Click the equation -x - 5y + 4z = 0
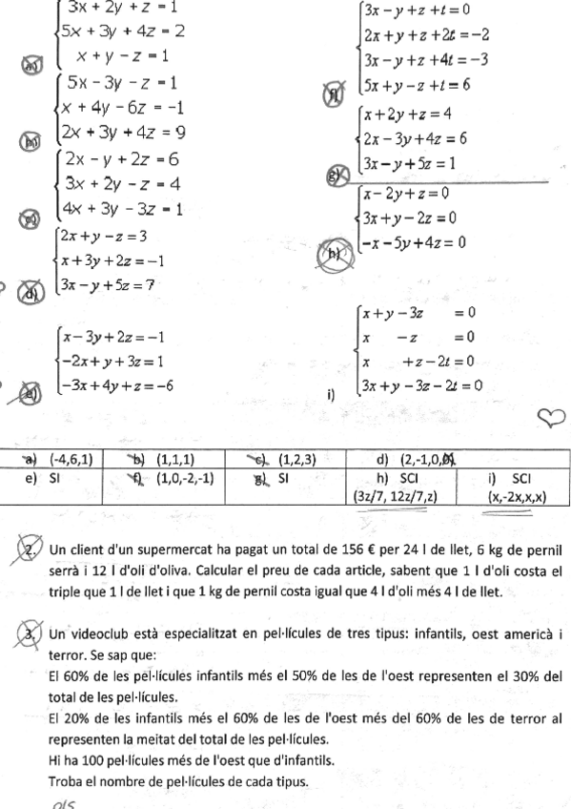point(414,242)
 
